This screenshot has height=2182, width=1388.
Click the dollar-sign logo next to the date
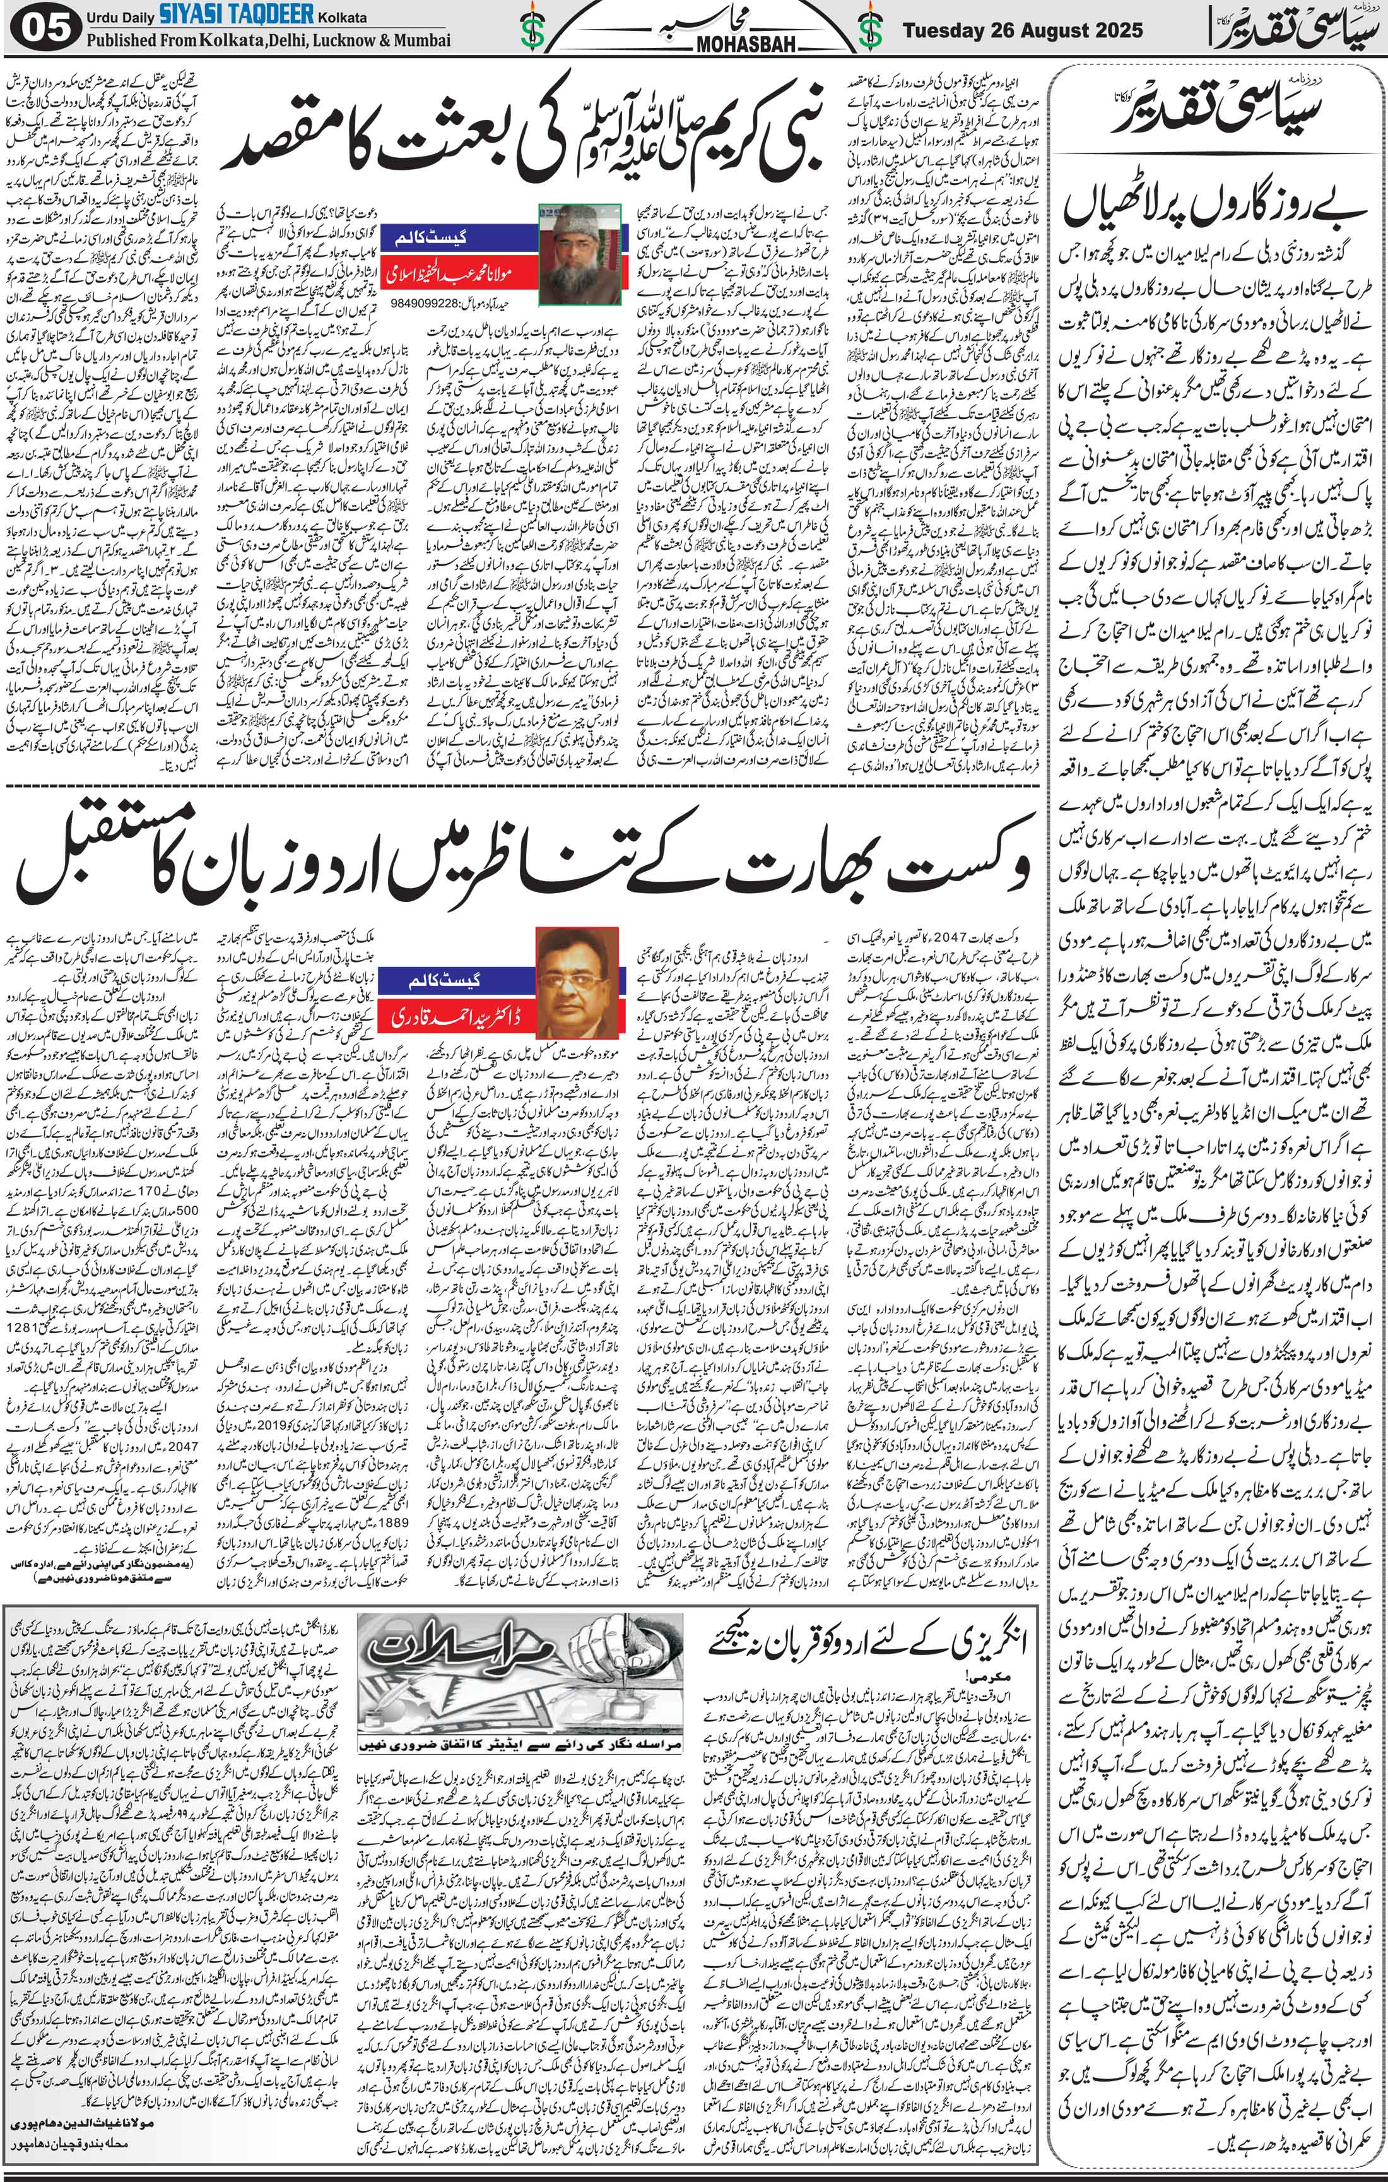pyautogui.click(x=869, y=29)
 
